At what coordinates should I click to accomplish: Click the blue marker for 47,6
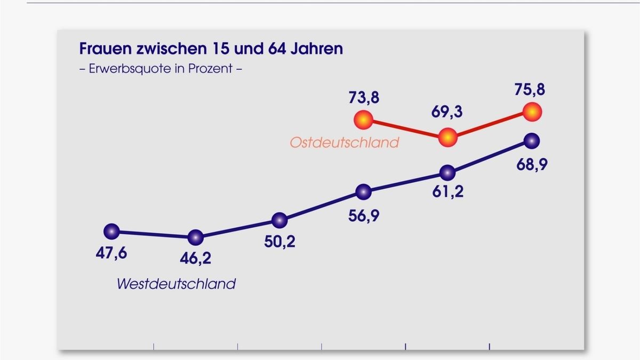pyautogui.click(x=111, y=231)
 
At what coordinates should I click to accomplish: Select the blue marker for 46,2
pyautogui.click(x=196, y=237)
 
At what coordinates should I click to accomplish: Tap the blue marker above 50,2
pyautogui.click(x=279, y=220)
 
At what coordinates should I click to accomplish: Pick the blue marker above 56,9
pyautogui.click(x=363, y=191)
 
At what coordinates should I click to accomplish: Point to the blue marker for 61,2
pyautogui.click(x=447, y=172)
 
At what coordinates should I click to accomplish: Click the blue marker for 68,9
pyautogui.click(x=532, y=141)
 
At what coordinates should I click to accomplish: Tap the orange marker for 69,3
pyautogui.click(x=448, y=138)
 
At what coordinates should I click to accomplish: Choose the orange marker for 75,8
pyautogui.click(x=532, y=112)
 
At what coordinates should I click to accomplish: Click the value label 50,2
pyautogui.click(x=279, y=242)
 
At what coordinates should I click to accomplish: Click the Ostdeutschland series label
pyautogui.click(x=344, y=142)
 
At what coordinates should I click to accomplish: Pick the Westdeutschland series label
pyautogui.click(x=176, y=283)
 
